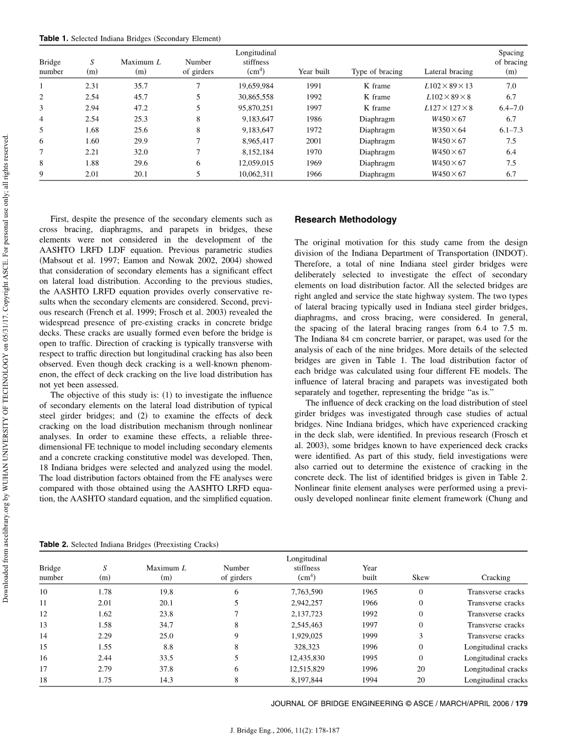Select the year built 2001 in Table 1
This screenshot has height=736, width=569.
pyautogui.click(x=313, y=141)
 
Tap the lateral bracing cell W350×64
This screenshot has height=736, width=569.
pyautogui.click(x=448, y=130)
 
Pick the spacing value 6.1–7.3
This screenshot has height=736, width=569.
pyautogui.click(x=511, y=130)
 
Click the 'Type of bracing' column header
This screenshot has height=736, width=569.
pyautogui.click(x=377, y=72)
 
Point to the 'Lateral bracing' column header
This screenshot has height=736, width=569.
pyautogui.click(x=448, y=72)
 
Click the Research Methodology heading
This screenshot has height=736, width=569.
pyautogui.click(x=345, y=219)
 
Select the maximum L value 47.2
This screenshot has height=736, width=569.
pyautogui.click(x=141, y=108)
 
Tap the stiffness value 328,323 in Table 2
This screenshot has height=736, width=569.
pyautogui.click(x=306, y=647)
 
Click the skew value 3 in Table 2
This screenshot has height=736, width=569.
pyautogui.click(x=421, y=636)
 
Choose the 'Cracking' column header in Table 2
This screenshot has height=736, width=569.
pyautogui.click(x=495, y=577)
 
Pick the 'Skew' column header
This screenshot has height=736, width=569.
pyautogui.click(x=421, y=577)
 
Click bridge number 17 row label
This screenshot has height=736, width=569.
pyautogui.click(x=43, y=669)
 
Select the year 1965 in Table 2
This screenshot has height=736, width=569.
pyautogui.click(x=369, y=592)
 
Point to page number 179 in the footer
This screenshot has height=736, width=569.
pyautogui.click(x=521, y=703)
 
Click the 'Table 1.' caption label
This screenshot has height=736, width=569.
pyautogui.click(x=54, y=39)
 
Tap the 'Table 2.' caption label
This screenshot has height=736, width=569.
pyautogui.click(x=54, y=544)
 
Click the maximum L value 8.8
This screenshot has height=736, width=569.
pyautogui.click(x=167, y=647)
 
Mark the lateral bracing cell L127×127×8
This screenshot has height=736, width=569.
pyautogui.click(x=448, y=108)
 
